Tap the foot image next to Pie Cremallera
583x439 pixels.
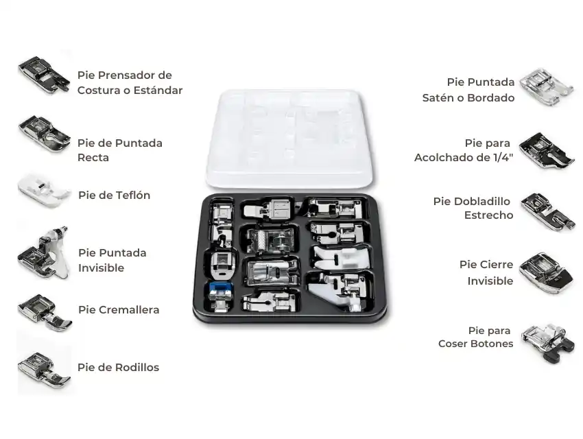(44, 312)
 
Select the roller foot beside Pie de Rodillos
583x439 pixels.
(44, 368)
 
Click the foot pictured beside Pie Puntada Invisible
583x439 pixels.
(44, 252)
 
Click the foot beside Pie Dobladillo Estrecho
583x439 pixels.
(547, 211)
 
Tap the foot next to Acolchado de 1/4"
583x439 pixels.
(547, 151)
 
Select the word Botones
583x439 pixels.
(491, 344)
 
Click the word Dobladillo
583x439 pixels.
(482, 202)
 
